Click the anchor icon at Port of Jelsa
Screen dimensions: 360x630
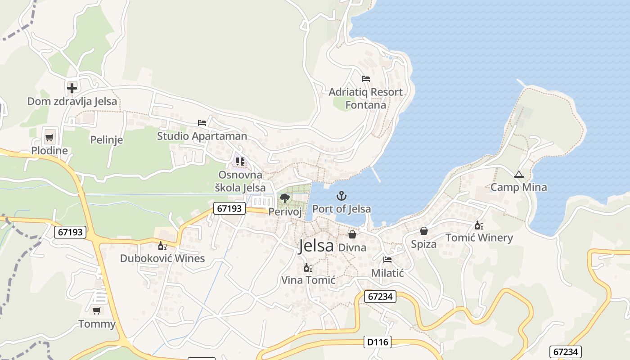(342, 196)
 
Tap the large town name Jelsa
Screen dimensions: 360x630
(316, 246)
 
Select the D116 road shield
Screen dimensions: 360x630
(377, 342)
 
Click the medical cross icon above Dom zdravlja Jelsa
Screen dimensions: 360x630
(72, 87)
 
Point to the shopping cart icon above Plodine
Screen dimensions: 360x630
(49, 137)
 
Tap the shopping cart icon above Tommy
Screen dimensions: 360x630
(97, 310)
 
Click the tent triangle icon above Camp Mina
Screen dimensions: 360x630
(518, 174)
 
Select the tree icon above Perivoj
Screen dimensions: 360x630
(284, 198)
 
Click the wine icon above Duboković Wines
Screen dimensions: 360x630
(162, 246)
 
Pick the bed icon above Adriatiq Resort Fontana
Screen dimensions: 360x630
(365, 79)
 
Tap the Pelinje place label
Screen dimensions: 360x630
(107, 140)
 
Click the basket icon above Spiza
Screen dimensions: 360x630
(423, 231)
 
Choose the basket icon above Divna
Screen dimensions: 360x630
(352, 234)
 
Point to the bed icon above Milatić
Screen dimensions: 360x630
(387, 260)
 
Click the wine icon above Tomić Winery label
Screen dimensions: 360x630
(479, 225)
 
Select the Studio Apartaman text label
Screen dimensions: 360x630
(202, 136)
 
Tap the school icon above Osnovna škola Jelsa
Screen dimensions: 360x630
(240, 161)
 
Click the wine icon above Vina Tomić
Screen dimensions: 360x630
(308, 268)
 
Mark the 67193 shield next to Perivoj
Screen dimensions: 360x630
(229, 208)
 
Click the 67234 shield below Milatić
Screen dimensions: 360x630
(380, 297)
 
